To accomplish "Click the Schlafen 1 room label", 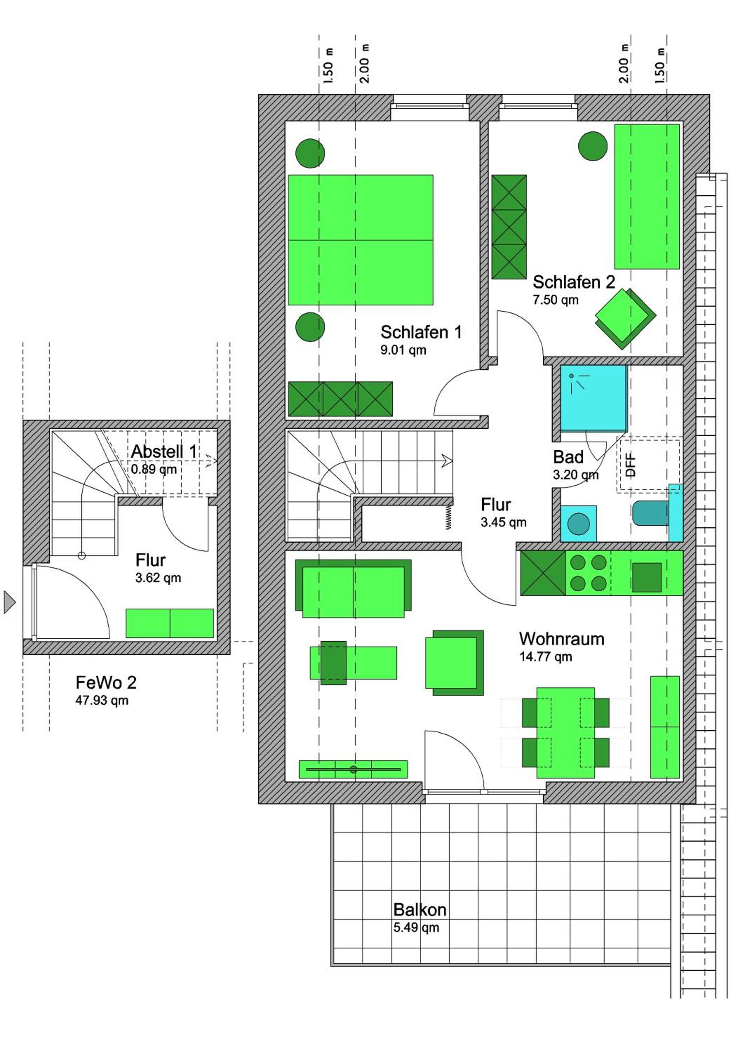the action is coord(421,332).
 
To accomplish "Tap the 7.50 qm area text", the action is coord(555,300).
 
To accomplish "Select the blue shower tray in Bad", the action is coord(593,398).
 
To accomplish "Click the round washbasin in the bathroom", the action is coord(578,523).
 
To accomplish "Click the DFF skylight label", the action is coord(631,465).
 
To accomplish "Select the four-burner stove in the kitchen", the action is coord(588,573).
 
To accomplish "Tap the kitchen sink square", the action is coord(647,577).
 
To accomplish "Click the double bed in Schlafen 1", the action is coord(360,240).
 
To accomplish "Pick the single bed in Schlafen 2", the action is coord(646,196).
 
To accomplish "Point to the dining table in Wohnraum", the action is coord(566,733).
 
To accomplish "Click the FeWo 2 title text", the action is coord(106,682).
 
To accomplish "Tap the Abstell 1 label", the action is coord(164,451).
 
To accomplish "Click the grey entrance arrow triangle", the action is coord(9,602).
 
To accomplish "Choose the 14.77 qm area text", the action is coord(545,657).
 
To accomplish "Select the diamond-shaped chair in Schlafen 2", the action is coord(626,318).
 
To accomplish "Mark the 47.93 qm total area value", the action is coord(102,700).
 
